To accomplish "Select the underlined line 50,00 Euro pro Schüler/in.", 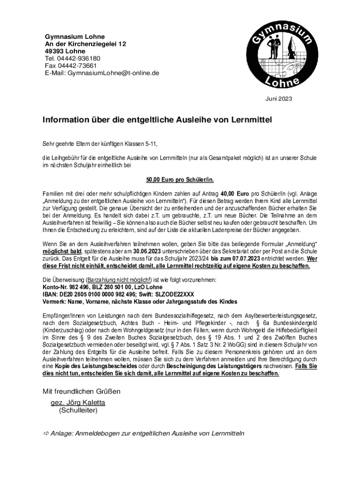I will (x=180, y=180).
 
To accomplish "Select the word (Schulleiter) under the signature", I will (x=78, y=411).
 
